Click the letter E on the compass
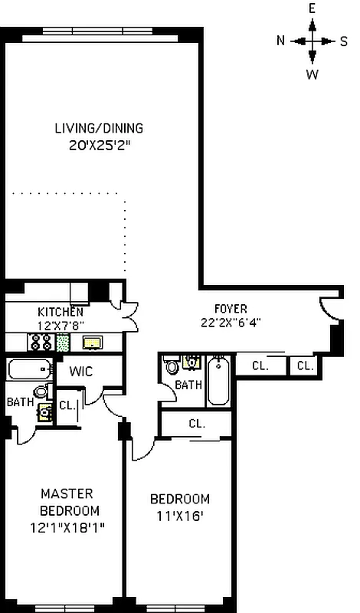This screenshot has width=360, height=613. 313,8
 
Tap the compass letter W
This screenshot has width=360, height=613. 313,74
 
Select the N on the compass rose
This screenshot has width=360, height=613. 281,41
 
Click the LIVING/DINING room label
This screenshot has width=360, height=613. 99,128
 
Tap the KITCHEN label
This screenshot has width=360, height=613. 61,312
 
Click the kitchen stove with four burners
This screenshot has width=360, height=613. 40,342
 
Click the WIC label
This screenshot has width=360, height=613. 81,371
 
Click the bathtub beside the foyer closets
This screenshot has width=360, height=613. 218,381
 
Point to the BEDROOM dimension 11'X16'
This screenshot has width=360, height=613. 178,515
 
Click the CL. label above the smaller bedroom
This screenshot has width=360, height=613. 197,423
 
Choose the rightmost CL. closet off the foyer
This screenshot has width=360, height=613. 305,366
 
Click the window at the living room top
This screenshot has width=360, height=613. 100,36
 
